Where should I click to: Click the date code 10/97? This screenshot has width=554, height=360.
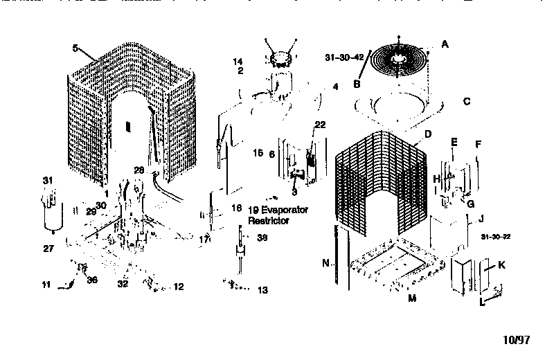point(516,340)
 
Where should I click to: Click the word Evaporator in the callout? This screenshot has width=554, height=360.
point(279,209)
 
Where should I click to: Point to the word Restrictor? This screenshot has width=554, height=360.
point(269,221)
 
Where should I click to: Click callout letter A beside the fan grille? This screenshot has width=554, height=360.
point(445,44)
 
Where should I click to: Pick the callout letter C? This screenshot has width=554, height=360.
point(467,101)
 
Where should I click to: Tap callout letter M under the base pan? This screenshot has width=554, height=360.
point(411,298)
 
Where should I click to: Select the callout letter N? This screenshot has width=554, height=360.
point(324,263)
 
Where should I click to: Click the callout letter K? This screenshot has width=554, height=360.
point(501,265)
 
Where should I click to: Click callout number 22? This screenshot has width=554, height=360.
point(319,124)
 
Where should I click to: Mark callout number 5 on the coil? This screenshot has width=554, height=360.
point(74,49)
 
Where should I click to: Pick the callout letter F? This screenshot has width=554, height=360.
point(478,144)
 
